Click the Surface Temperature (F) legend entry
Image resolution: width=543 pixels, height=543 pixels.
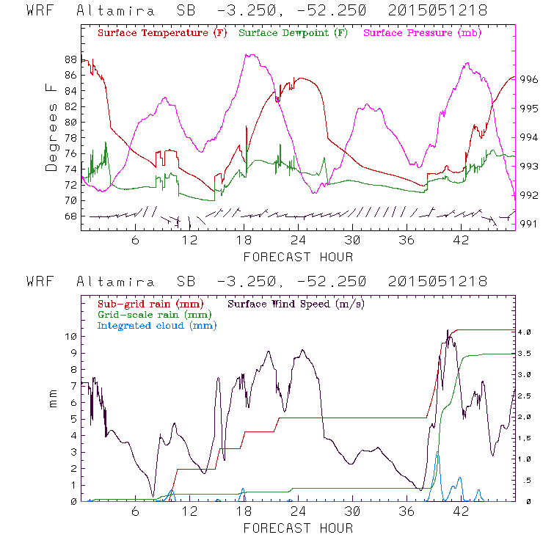click(x=162, y=33)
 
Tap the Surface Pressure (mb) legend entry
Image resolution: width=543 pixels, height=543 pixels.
click(x=418, y=33)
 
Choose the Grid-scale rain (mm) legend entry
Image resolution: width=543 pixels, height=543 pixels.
click(x=152, y=314)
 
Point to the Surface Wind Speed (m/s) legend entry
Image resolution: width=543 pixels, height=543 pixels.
click(x=297, y=303)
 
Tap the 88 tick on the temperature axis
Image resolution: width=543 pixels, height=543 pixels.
click(x=70, y=59)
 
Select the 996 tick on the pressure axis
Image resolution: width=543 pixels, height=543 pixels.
click(x=529, y=80)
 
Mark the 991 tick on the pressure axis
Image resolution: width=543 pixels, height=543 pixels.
click(x=529, y=224)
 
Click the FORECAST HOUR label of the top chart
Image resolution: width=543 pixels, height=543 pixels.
click(x=298, y=257)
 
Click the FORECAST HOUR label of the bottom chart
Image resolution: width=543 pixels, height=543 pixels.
click(x=298, y=528)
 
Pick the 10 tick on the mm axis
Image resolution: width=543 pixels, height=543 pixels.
click(x=70, y=337)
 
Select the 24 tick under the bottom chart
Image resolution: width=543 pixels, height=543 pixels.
click(x=298, y=512)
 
